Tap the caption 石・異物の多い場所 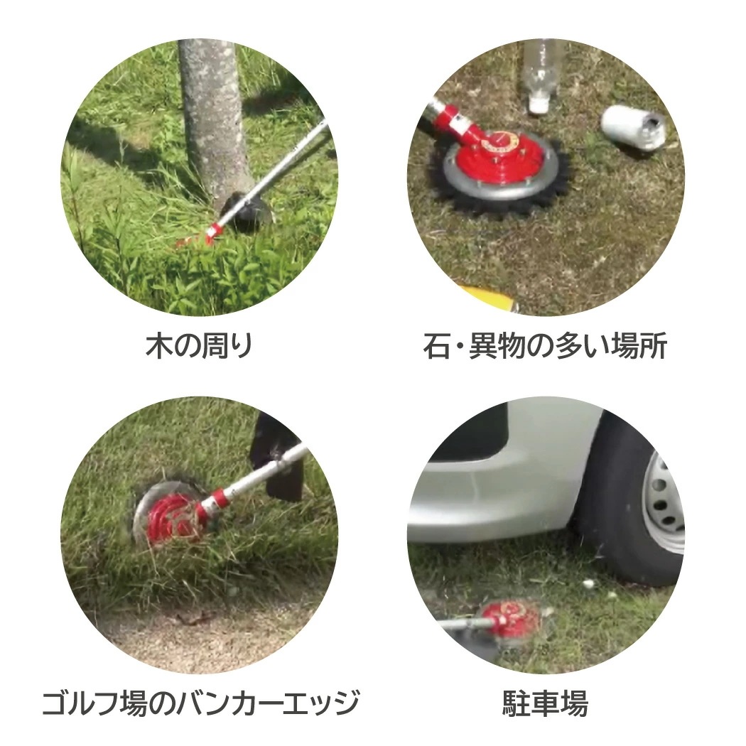[x=545, y=347]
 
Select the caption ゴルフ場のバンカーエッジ [x=199, y=703]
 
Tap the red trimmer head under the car [x=508, y=617]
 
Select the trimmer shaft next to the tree [x=284, y=171]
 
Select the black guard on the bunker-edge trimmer [x=281, y=455]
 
